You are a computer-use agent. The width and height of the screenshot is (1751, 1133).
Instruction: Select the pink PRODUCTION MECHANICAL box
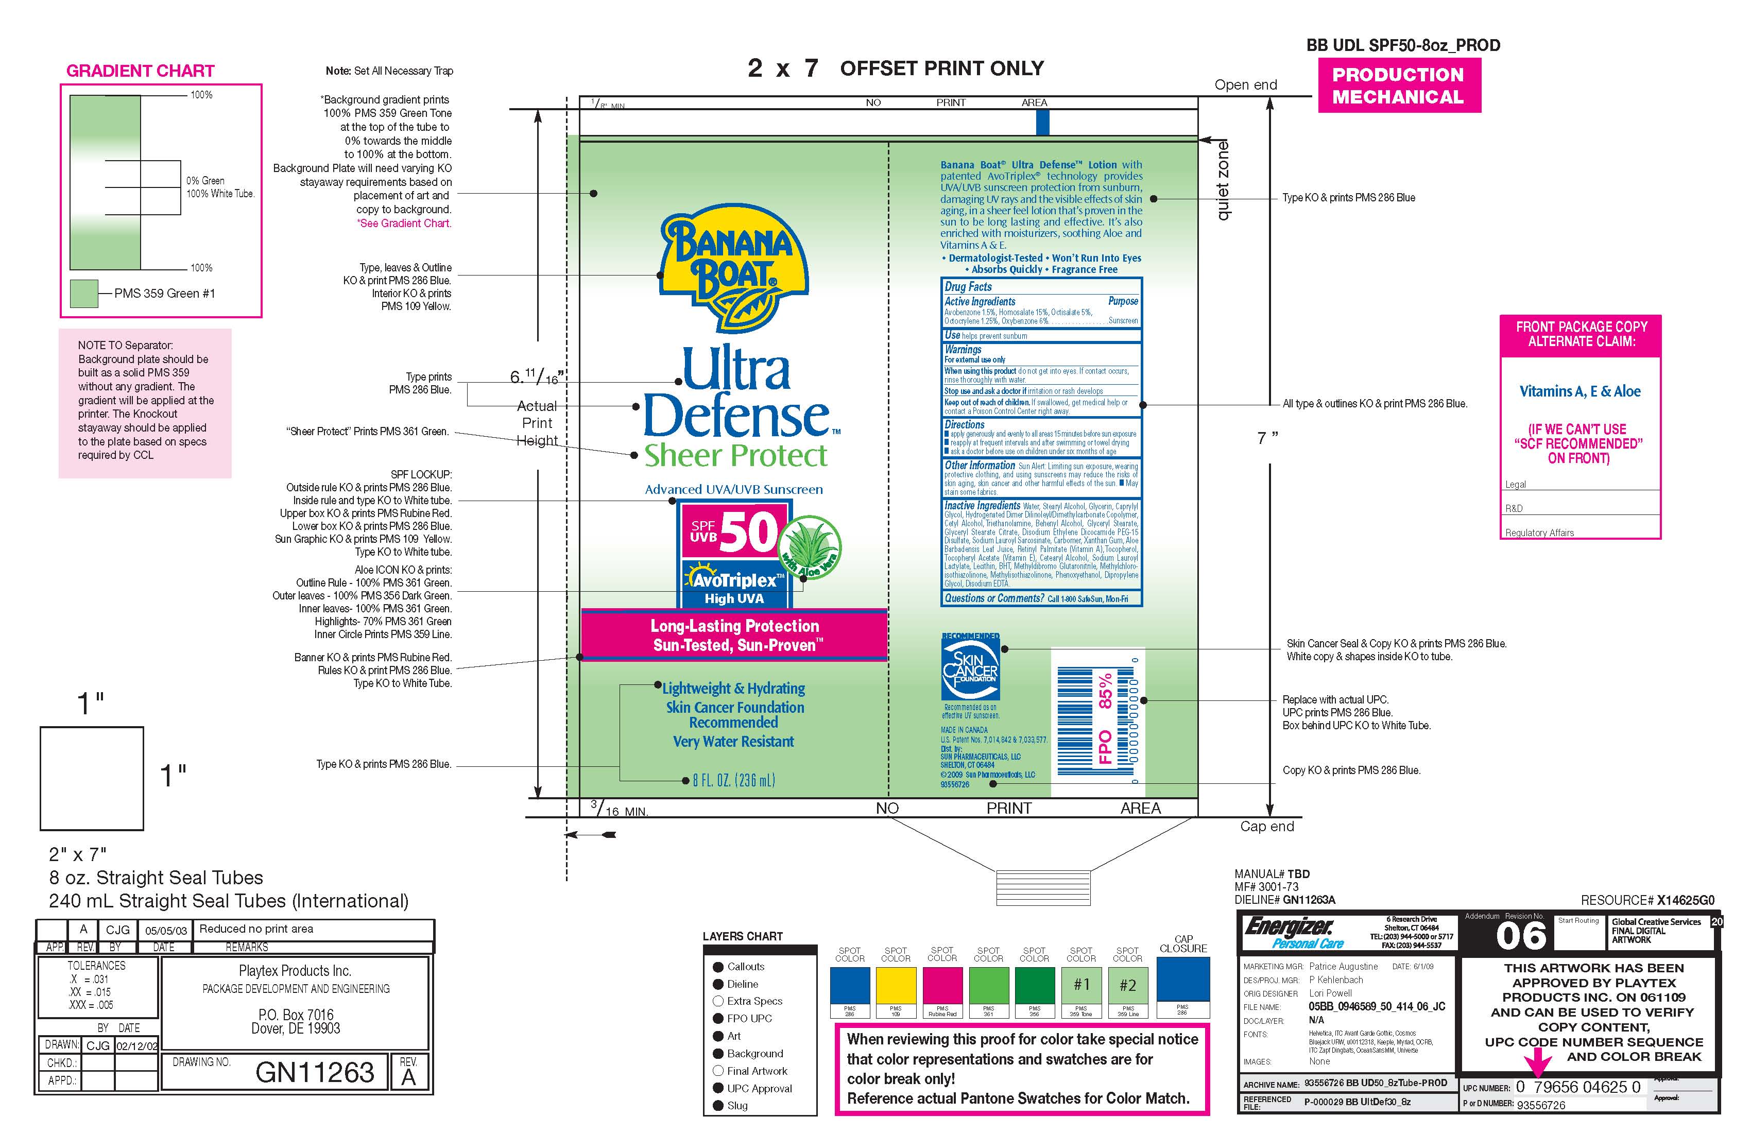click(1399, 85)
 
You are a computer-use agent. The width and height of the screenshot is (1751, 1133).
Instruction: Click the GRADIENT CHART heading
click(140, 71)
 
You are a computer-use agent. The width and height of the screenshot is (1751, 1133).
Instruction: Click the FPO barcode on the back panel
click(1096, 720)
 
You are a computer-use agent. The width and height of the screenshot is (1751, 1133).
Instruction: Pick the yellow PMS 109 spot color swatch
click(896, 986)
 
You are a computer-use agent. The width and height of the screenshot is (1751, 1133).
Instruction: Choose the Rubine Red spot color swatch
click(942, 986)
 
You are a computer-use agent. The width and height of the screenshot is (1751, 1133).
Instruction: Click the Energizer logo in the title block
click(1290, 930)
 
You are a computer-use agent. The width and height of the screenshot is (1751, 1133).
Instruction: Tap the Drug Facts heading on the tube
click(968, 287)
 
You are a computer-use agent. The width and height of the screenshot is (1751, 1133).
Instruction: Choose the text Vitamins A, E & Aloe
click(1580, 391)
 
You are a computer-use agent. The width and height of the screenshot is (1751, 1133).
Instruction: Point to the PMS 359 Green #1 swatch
click(84, 294)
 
